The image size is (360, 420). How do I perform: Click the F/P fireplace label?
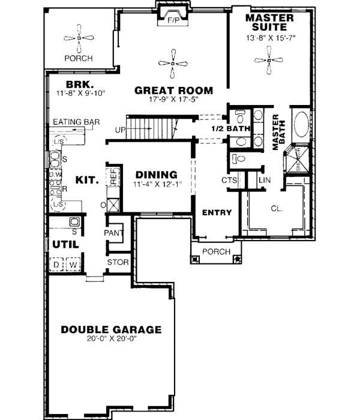[x=173, y=20]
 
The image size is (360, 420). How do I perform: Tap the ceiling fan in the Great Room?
[x=173, y=63]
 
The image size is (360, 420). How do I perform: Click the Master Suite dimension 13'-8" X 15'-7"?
[x=270, y=37]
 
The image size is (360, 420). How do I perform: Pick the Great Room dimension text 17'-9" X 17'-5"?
[x=173, y=99]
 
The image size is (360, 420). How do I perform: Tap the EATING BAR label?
[x=76, y=122]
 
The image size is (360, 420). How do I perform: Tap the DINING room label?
[x=155, y=175]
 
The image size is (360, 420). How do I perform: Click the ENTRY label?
[x=212, y=212]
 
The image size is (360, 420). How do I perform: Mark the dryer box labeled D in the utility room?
[x=58, y=264]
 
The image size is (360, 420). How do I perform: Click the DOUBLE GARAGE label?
[x=111, y=329]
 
